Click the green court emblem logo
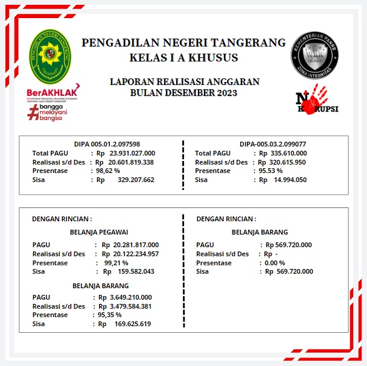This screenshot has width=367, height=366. [52, 57]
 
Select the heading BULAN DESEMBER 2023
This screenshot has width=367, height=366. [183, 93]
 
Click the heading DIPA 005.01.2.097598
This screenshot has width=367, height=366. [107, 144]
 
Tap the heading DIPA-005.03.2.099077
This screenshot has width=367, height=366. [273, 144]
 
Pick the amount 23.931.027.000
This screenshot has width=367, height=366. [132, 153]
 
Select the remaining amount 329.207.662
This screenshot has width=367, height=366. [136, 180]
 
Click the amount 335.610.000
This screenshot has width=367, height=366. [282, 153]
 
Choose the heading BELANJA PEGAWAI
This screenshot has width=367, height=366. [99, 232]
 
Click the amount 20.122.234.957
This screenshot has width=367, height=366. [131, 254]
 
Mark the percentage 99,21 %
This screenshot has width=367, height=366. [116, 263]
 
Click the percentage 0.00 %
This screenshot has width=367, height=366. [275, 263]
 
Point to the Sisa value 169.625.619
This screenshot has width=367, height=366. [133, 324]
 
